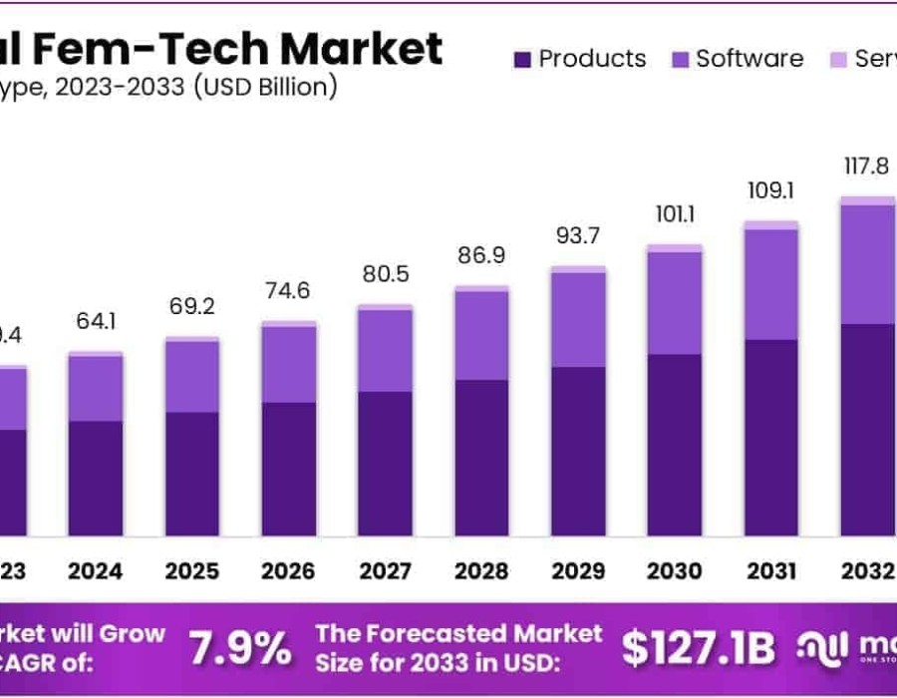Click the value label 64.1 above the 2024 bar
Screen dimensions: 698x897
pyautogui.click(x=97, y=323)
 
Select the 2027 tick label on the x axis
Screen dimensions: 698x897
pyautogui.click(x=385, y=571)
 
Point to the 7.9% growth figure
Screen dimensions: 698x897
pyautogui.click(x=241, y=649)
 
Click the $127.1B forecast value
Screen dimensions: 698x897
pyautogui.click(x=698, y=649)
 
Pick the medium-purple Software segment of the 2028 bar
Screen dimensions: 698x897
pyautogui.click(x=481, y=335)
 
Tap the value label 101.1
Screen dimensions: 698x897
pyautogui.click(x=674, y=214)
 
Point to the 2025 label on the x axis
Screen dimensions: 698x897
pyautogui.click(x=192, y=571)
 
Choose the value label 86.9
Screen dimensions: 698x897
pyautogui.click(x=481, y=255)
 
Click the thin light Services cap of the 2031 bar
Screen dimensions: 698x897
pyautogui.click(x=770, y=225)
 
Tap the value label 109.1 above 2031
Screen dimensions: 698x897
pyautogui.click(x=770, y=188)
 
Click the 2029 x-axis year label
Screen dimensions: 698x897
pyautogui.click(x=578, y=571)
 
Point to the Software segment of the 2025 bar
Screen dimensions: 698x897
pyautogui.click(x=192, y=377)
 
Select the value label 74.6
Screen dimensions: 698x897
pyautogui.click(x=289, y=292)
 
